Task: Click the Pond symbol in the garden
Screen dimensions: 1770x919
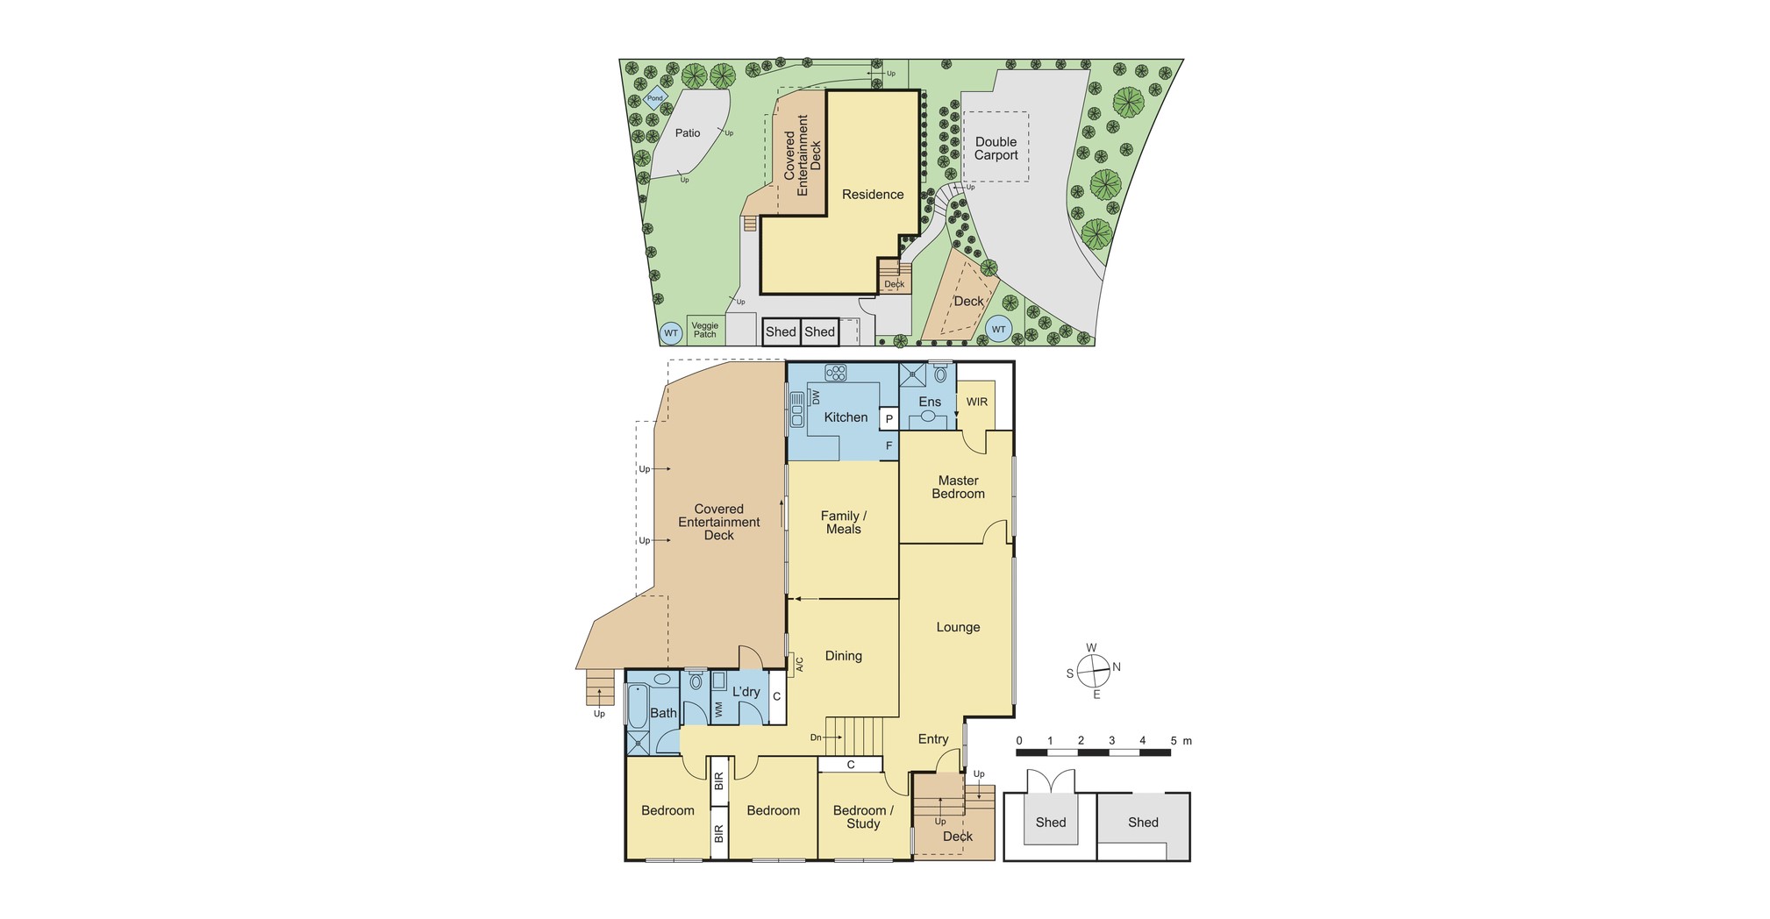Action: click(x=654, y=98)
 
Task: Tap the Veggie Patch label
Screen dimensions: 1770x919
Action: click(x=705, y=330)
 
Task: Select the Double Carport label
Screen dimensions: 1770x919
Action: click(x=996, y=148)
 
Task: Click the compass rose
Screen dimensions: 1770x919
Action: click(x=1094, y=672)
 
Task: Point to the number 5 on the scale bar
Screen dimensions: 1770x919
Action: click(x=1174, y=741)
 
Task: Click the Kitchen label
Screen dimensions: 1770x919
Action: click(x=846, y=417)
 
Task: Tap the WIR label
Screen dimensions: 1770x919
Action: click(x=977, y=403)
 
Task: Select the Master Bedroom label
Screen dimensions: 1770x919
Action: click(x=958, y=487)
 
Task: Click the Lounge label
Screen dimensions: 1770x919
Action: click(x=958, y=627)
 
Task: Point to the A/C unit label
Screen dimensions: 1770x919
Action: click(x=799, y=666)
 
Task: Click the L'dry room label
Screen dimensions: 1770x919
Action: click(x=746, y=692)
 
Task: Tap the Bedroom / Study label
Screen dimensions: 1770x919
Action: click(x=863, y=816)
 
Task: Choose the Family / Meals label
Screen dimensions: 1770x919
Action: click(x=844, y=523)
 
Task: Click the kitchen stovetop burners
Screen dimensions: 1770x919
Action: click(x=836, y=373)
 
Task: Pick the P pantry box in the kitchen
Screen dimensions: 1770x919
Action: click(x=889, y=419)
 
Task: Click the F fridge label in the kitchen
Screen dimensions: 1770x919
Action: click(x=889, y=446)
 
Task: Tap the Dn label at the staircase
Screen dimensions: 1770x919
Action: click(x=816, y=737)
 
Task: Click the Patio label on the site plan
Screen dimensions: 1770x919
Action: click(x=688, y=133)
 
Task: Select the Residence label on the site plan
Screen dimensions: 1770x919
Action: click(x=873, y=195)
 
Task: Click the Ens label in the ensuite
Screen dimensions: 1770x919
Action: click(x=930, y=403)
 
